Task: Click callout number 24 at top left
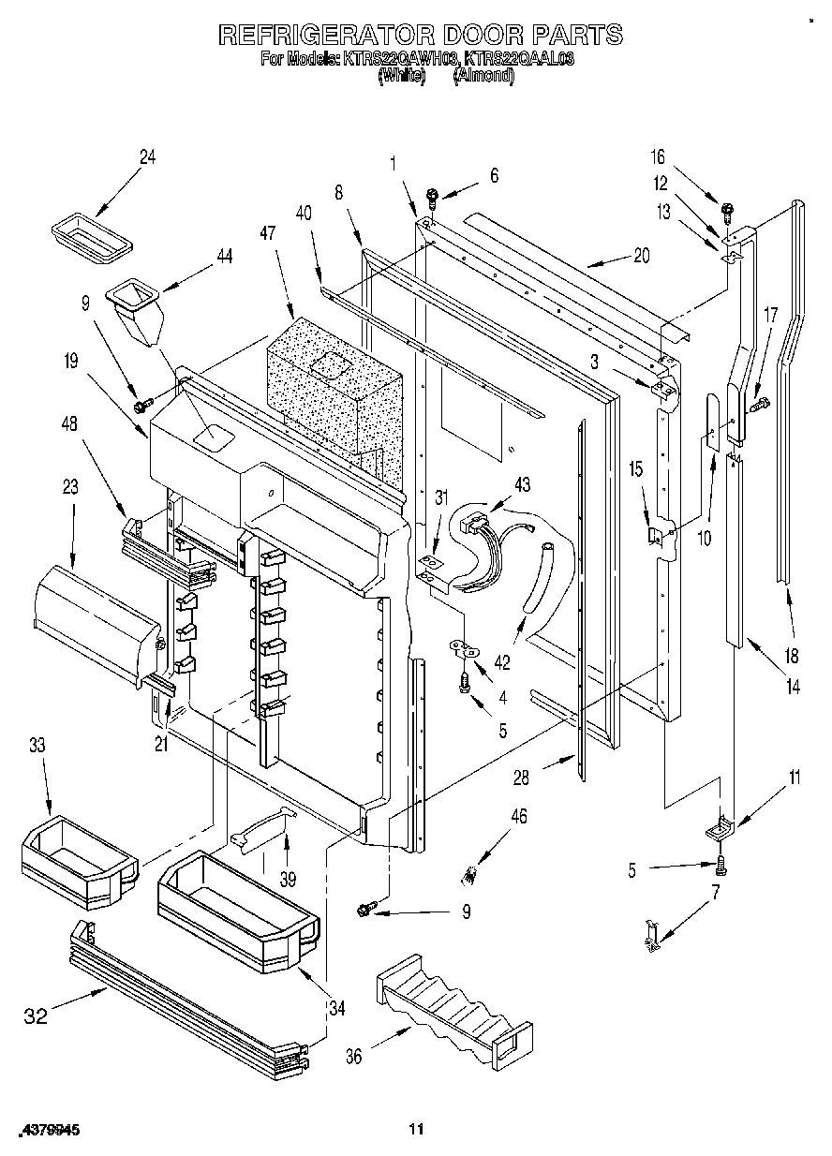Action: [x=147, y=157]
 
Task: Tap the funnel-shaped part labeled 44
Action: [x=136, y=314]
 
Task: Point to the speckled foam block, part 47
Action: [x=333, y=384]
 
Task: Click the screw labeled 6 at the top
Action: [x=433, y=198]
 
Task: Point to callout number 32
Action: [x=35, y=1015]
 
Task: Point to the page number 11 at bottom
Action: [x=416, y=1130]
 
